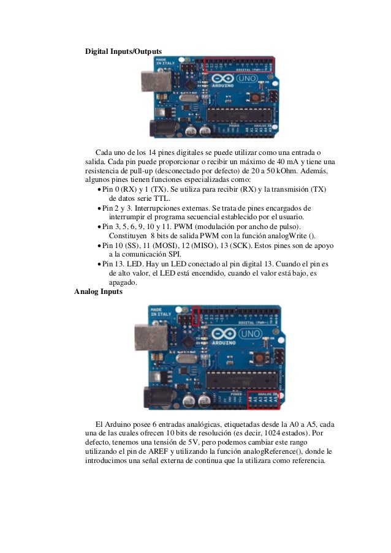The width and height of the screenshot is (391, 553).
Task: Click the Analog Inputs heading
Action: coord(98,292)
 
